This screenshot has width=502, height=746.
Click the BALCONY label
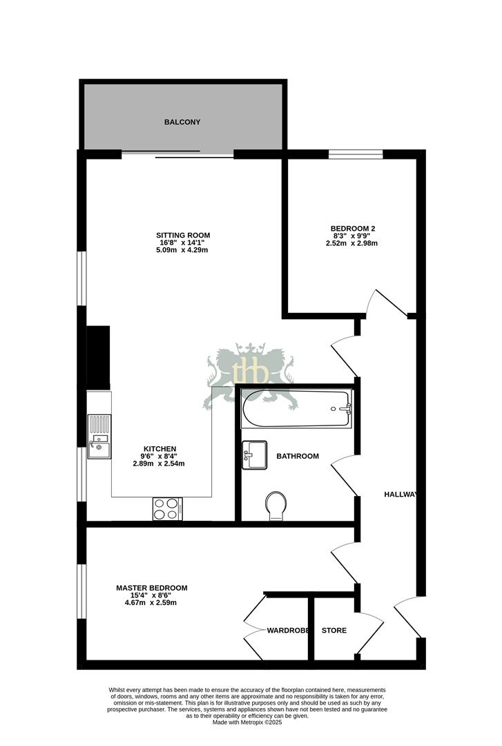[x=182, y=122]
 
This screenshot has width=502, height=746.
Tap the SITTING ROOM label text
[x=182, y=236]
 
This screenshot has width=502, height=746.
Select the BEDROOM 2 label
[x=352, y=229]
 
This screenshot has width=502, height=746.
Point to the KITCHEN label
[x=160, y=448]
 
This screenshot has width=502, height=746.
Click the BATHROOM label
[x=298, y=457]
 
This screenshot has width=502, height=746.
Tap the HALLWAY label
[x=400, y=495]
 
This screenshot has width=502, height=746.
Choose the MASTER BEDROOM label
[x=151, y=589]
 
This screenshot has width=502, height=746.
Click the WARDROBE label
[x=287, y=631]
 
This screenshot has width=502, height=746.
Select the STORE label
[x=334, y=631]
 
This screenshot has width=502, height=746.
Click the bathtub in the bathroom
[x=296, y=409]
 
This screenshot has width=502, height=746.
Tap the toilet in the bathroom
[x=276, y=506]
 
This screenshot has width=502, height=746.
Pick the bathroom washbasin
[x=254, y=455]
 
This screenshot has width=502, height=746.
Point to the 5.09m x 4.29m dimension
[x=182, y=250]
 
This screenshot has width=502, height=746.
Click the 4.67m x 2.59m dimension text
[x=151, y=602]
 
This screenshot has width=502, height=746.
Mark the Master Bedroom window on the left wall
[x=82, y=591]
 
